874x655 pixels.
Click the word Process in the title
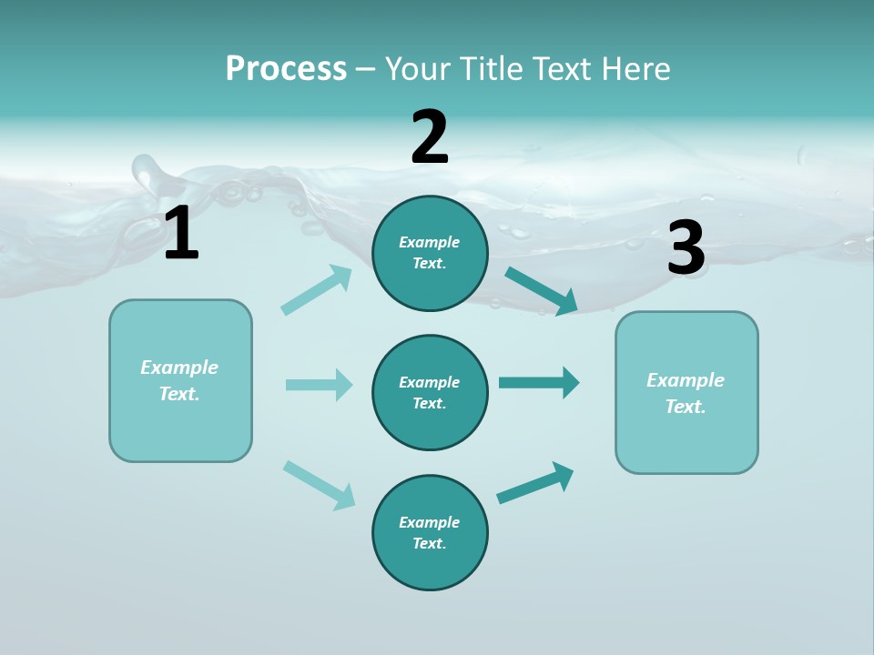[286, 68]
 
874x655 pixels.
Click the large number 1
[181, 234]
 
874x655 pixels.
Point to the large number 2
[430, 138]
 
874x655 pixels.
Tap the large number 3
[686, 248]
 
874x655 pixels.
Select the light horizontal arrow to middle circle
[319, 385]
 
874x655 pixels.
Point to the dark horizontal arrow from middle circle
[539, 383]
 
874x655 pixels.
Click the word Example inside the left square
[179, 368]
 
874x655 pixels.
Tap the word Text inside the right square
[685, 407]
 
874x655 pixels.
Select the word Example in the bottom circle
[430, 522]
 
